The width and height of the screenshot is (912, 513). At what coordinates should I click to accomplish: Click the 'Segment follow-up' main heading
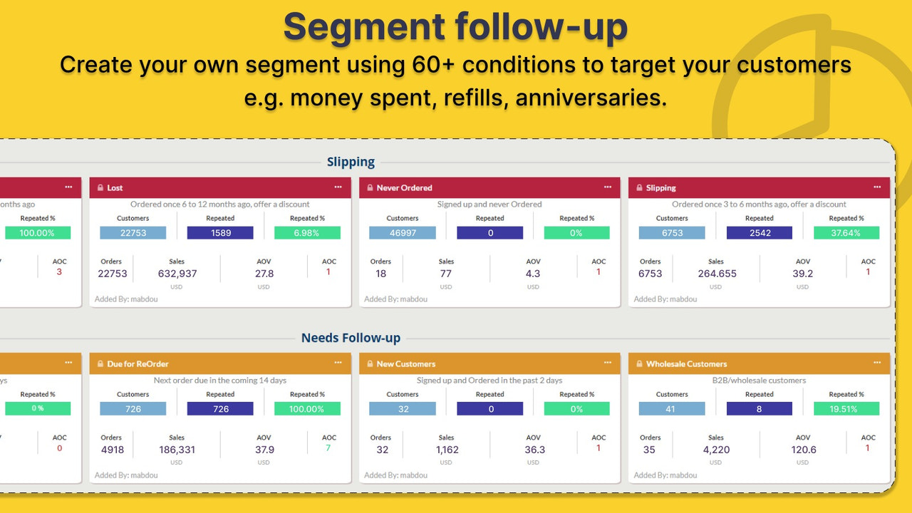455,27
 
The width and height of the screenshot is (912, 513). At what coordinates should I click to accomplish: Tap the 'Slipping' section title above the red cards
351,162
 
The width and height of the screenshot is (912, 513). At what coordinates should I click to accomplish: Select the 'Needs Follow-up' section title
351,338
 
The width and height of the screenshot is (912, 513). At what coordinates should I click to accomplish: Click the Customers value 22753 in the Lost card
133,233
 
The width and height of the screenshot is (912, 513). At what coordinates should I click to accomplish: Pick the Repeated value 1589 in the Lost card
220,233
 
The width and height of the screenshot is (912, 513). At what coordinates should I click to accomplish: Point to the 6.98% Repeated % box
307,233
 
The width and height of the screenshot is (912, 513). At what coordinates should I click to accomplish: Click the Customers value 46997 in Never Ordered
403,233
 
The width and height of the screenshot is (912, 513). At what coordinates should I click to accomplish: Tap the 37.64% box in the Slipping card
846,233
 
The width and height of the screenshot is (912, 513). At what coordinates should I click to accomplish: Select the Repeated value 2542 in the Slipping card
760,233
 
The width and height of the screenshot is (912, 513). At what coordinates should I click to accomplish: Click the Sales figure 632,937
177,274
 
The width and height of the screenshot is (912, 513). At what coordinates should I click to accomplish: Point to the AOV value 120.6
803,450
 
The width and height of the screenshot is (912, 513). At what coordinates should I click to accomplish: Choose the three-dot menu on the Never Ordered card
608,187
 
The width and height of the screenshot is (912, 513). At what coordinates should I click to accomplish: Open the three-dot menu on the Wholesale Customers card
877,363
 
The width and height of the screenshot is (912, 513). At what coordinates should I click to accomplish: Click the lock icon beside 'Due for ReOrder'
100,364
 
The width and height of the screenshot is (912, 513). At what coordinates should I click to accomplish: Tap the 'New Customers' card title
406,364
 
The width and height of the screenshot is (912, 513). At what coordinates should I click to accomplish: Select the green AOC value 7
328,447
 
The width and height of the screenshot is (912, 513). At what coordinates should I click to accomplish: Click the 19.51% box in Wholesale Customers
846,409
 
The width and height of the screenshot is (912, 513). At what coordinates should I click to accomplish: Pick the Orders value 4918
113,450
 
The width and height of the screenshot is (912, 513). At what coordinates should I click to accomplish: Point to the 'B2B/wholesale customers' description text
759,380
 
